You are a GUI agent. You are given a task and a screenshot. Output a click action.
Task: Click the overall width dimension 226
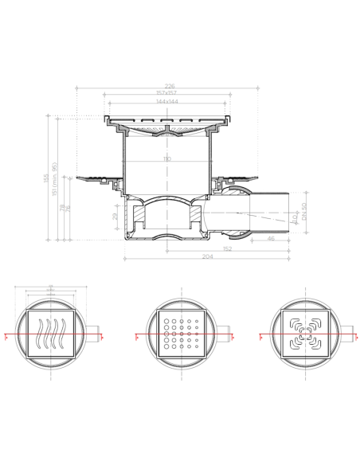click(x=170, y=86)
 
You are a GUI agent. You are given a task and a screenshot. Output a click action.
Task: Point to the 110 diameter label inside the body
click(x=167, y=160)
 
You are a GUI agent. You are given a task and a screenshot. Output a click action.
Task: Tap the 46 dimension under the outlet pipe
click(x=272, y=238)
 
